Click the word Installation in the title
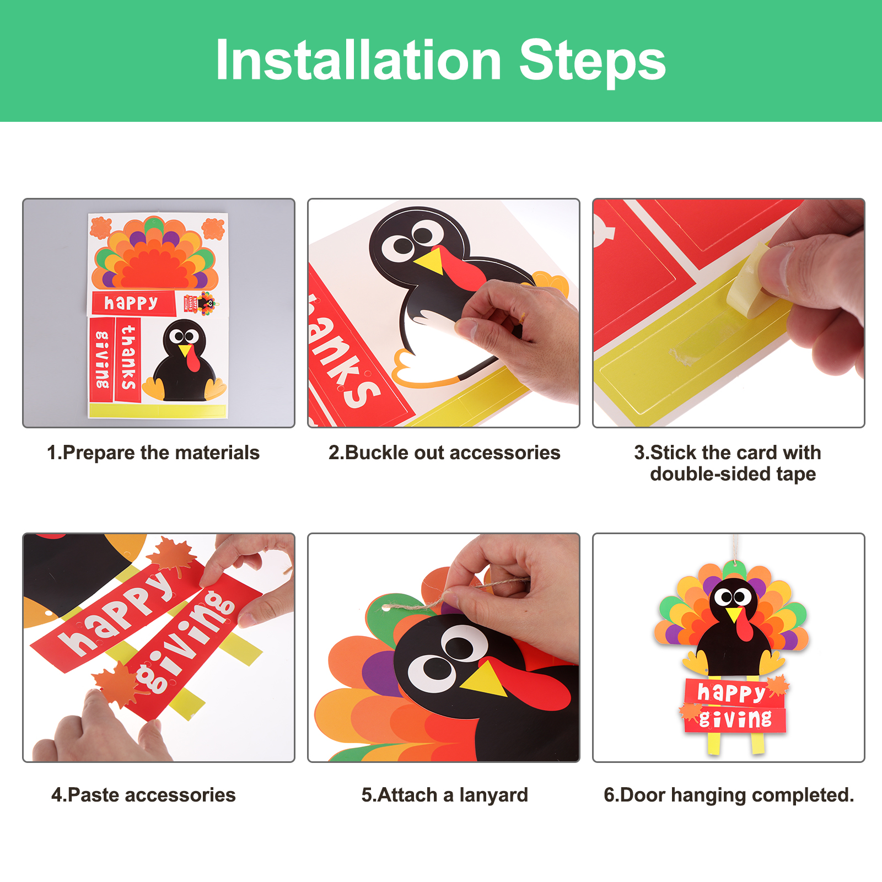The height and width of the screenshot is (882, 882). click(x=358, y=60)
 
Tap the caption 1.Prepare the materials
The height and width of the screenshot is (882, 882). click(x=153, y=453)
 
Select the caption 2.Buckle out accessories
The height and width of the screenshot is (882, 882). click(x=444, y=453)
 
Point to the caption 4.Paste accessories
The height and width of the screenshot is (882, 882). click(x=143, y=795)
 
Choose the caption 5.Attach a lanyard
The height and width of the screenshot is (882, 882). click(x=445, y=795)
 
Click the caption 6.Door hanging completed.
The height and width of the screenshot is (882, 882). click(x=729, y=795)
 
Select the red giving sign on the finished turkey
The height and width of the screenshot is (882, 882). click(x=735, y=719)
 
